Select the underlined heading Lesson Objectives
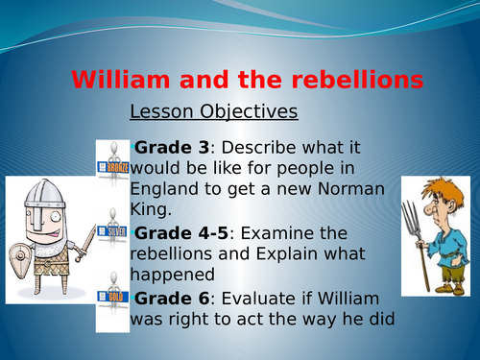(213, 112)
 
